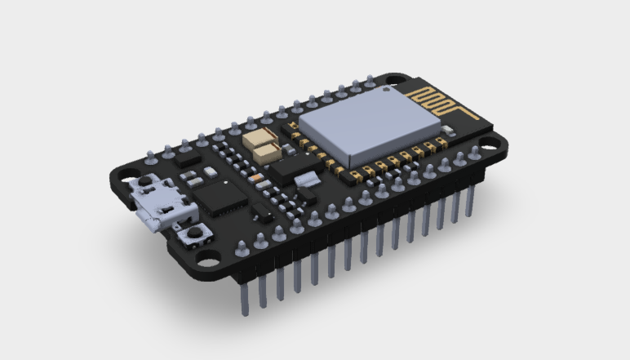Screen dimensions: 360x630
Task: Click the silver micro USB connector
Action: pos(160,204)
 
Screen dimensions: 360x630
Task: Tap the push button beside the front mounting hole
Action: pos(194,236)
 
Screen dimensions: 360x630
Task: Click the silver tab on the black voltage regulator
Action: pos(308,180)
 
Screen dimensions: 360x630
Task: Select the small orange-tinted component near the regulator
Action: pos(258,174)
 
